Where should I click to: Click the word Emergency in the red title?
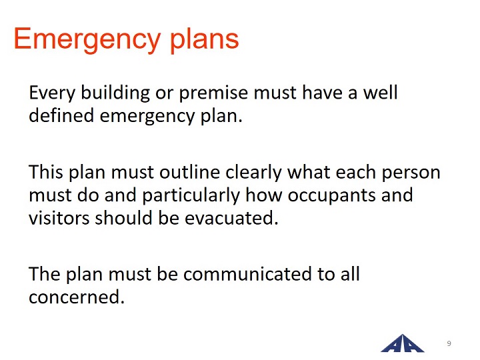point(87,40)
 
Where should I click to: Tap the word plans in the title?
point(204,40)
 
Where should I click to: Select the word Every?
point(52,93)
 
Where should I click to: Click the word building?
point(115,93)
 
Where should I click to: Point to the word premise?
point(213,93)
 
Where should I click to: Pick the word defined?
point(61,115)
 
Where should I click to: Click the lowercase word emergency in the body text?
point(147,117)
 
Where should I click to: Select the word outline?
point(189,172)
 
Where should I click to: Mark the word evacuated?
point(231,218)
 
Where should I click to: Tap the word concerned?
point(77,297)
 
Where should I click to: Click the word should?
point(124,217)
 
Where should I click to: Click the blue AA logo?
point(402,343)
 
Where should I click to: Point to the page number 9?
point(449,343)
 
